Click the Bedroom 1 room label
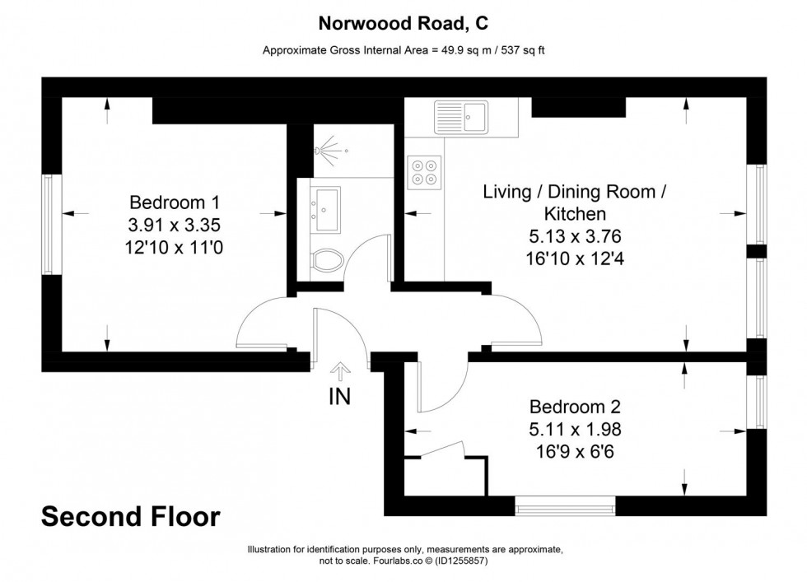click(174, 203)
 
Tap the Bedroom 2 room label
click(574, 407)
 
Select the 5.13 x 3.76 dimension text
click(574, 236)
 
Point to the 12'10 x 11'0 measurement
click(174, 245)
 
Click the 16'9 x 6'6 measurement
click(574, 450)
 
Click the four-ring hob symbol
click(425, 171)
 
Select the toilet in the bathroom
click(327, 260)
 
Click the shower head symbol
click(327, 151)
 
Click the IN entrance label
click(339, 397)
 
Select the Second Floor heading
click(131, 517)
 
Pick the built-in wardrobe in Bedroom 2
click(445, 473)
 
